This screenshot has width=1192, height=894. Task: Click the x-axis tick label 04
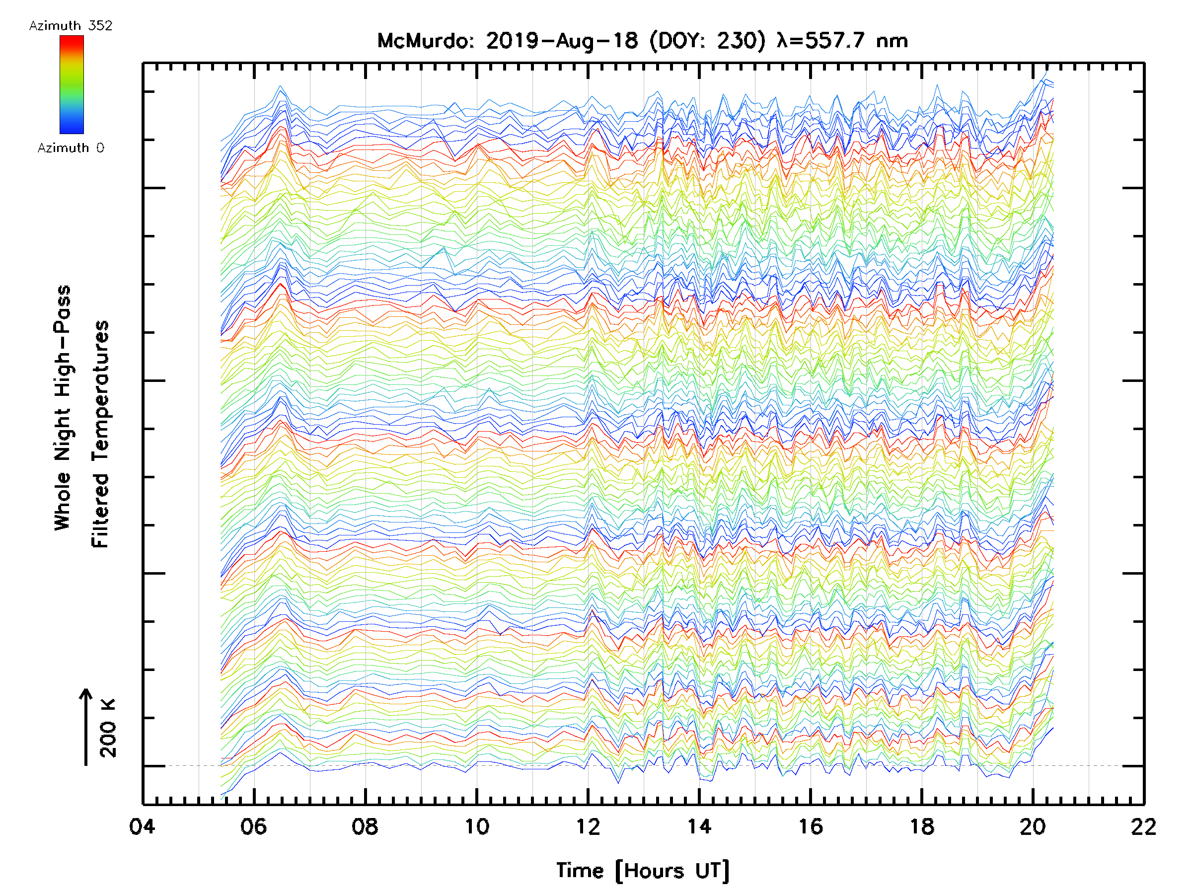point(142,826)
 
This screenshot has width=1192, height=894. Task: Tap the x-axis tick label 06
point(253,826)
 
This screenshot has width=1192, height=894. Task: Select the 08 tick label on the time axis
point(365,826)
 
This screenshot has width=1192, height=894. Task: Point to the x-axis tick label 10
point(476,826)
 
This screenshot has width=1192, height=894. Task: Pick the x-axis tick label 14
point(699,826)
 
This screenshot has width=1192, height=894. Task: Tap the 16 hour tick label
point(810,826)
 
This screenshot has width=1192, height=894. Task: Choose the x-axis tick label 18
point(921,826)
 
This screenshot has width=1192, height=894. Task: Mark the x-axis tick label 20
point(1033,826)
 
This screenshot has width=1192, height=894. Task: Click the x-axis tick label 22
point(1143,826)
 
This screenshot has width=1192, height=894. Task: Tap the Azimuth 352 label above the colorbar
point(71,26)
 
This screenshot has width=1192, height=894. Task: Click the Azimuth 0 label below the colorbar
point(71,148)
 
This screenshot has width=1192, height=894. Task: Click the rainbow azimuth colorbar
point(72,84)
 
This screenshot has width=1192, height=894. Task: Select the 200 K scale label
point(108,729)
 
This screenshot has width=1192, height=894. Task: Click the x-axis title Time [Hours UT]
point(642,871)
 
